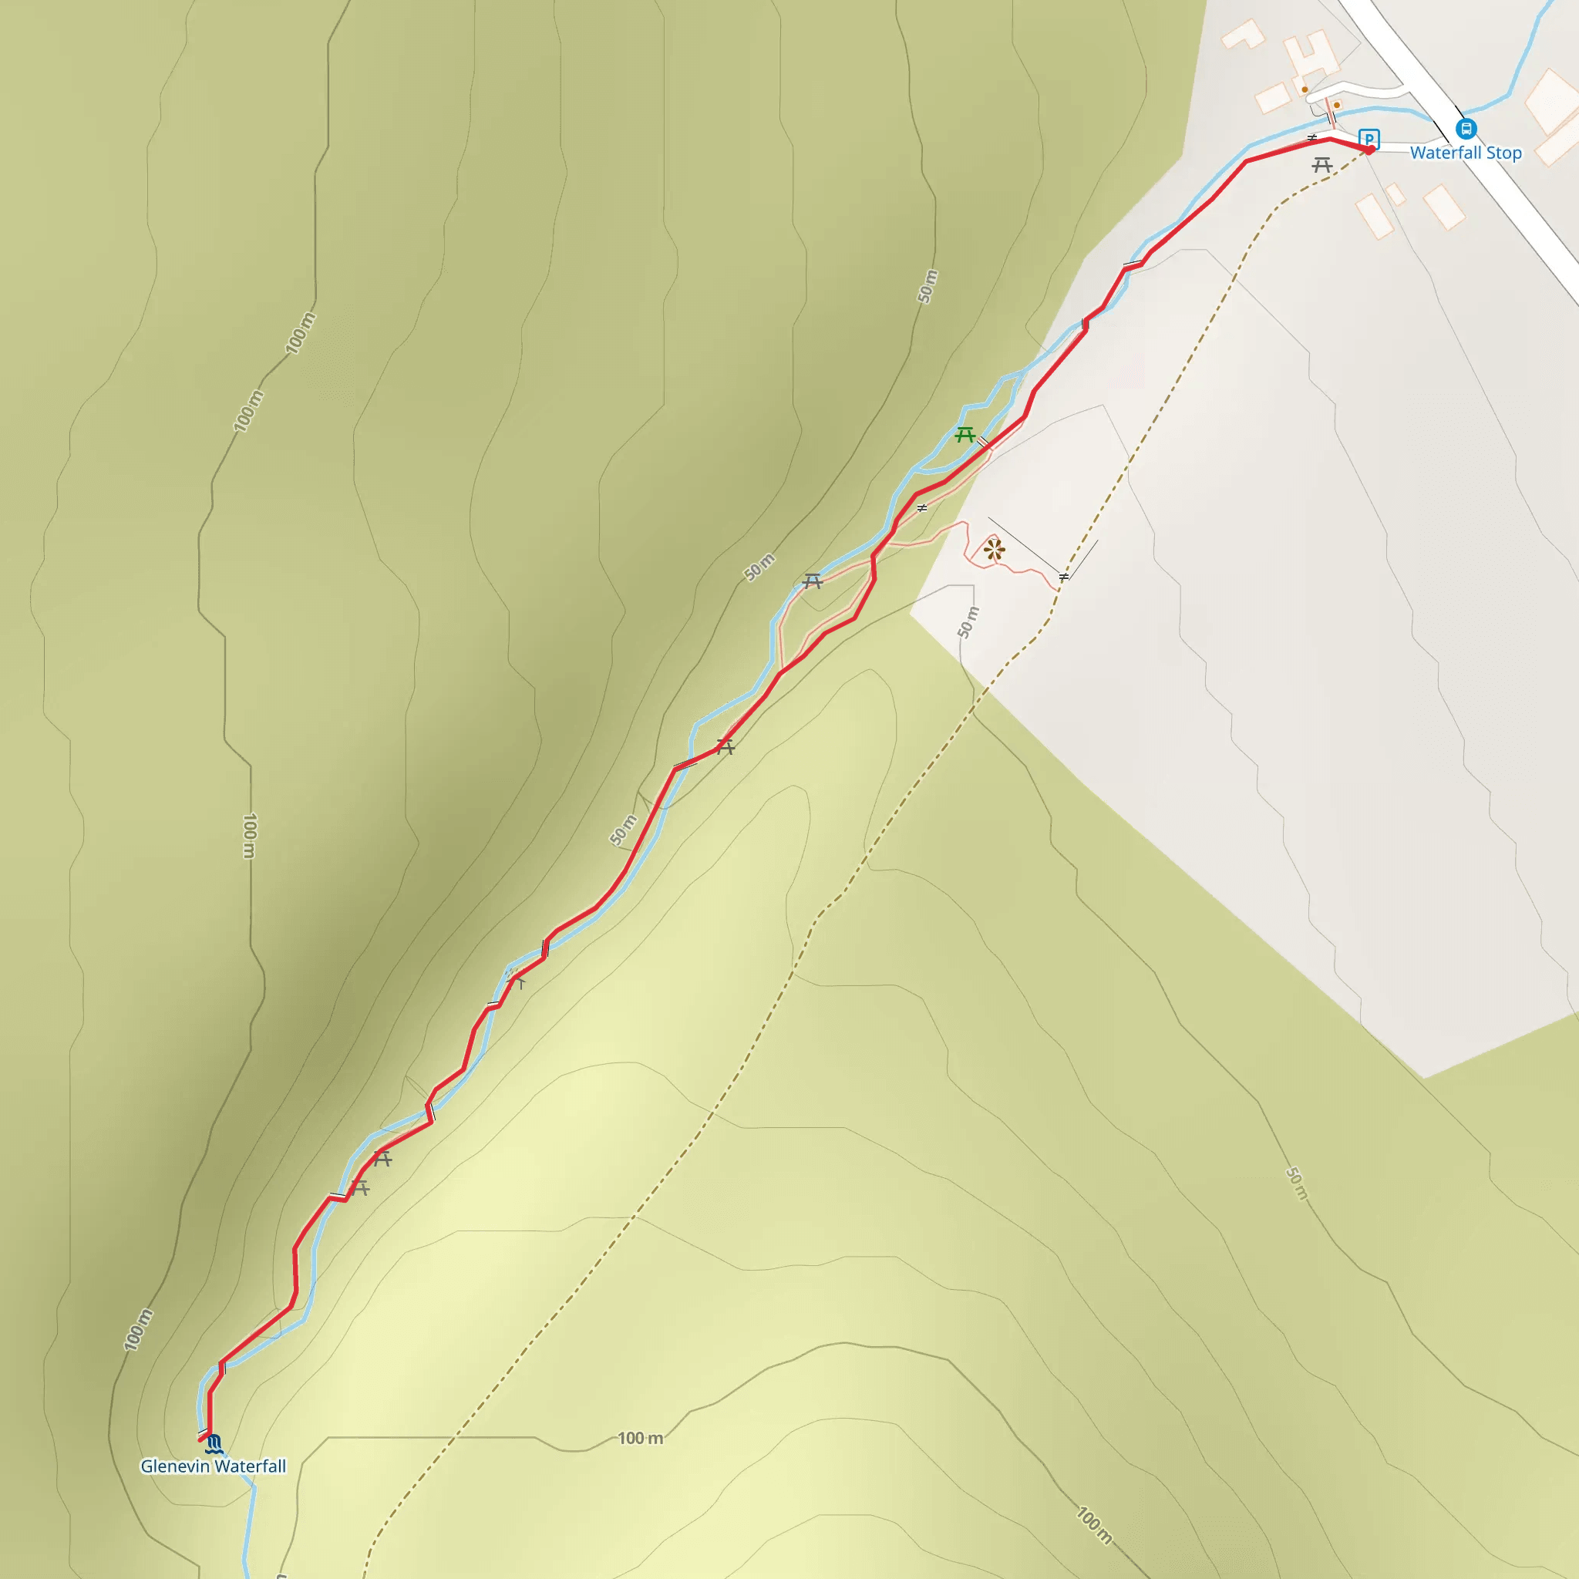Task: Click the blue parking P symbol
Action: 1369,138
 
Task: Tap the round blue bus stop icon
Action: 1466,128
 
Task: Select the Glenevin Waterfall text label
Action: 214,1466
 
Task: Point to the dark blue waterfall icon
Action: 215,1444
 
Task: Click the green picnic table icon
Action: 965,434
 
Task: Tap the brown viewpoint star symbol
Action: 994,549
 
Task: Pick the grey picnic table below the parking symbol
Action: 1322,165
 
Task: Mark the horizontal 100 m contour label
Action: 640,1439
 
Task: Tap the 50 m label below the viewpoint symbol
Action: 968,623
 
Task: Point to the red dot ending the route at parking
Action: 1370,150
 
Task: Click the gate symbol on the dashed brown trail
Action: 1063,577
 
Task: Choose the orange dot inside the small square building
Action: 1305,90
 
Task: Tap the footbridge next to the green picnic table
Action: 983,443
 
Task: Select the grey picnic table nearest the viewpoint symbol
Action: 812,581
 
